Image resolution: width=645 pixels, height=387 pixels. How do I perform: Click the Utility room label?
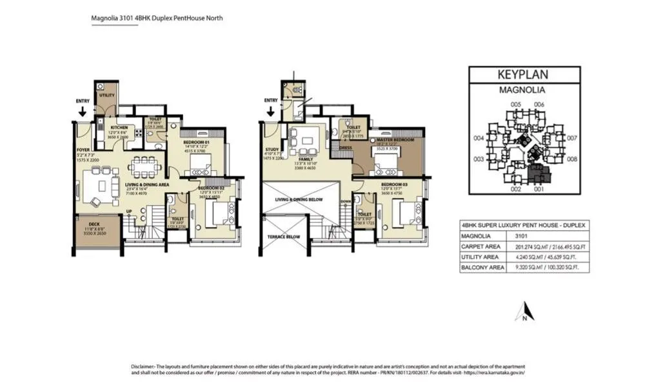[x=106, y=95]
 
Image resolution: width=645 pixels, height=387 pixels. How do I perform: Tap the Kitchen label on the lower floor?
[x=119, y=128]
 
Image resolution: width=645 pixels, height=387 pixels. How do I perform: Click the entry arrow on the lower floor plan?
[x=81, y=112]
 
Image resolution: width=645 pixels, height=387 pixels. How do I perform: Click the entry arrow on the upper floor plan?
[x=271, y=112]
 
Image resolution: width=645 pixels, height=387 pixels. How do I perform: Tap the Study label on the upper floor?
[x=272, y=150]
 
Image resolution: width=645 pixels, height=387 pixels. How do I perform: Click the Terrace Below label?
[x=283, y=237]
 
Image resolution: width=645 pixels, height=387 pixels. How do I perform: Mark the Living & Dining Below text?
[x=299, y=200]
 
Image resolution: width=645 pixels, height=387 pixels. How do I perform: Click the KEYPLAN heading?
[x=522, y=74]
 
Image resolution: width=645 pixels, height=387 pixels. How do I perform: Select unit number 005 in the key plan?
[x=515, y=104]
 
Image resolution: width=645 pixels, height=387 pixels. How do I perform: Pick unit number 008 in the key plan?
[x=571, y=159]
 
